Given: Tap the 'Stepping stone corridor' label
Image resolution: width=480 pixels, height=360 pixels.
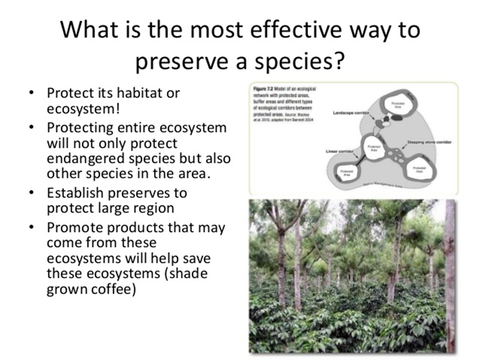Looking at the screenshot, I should point(429,142).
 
